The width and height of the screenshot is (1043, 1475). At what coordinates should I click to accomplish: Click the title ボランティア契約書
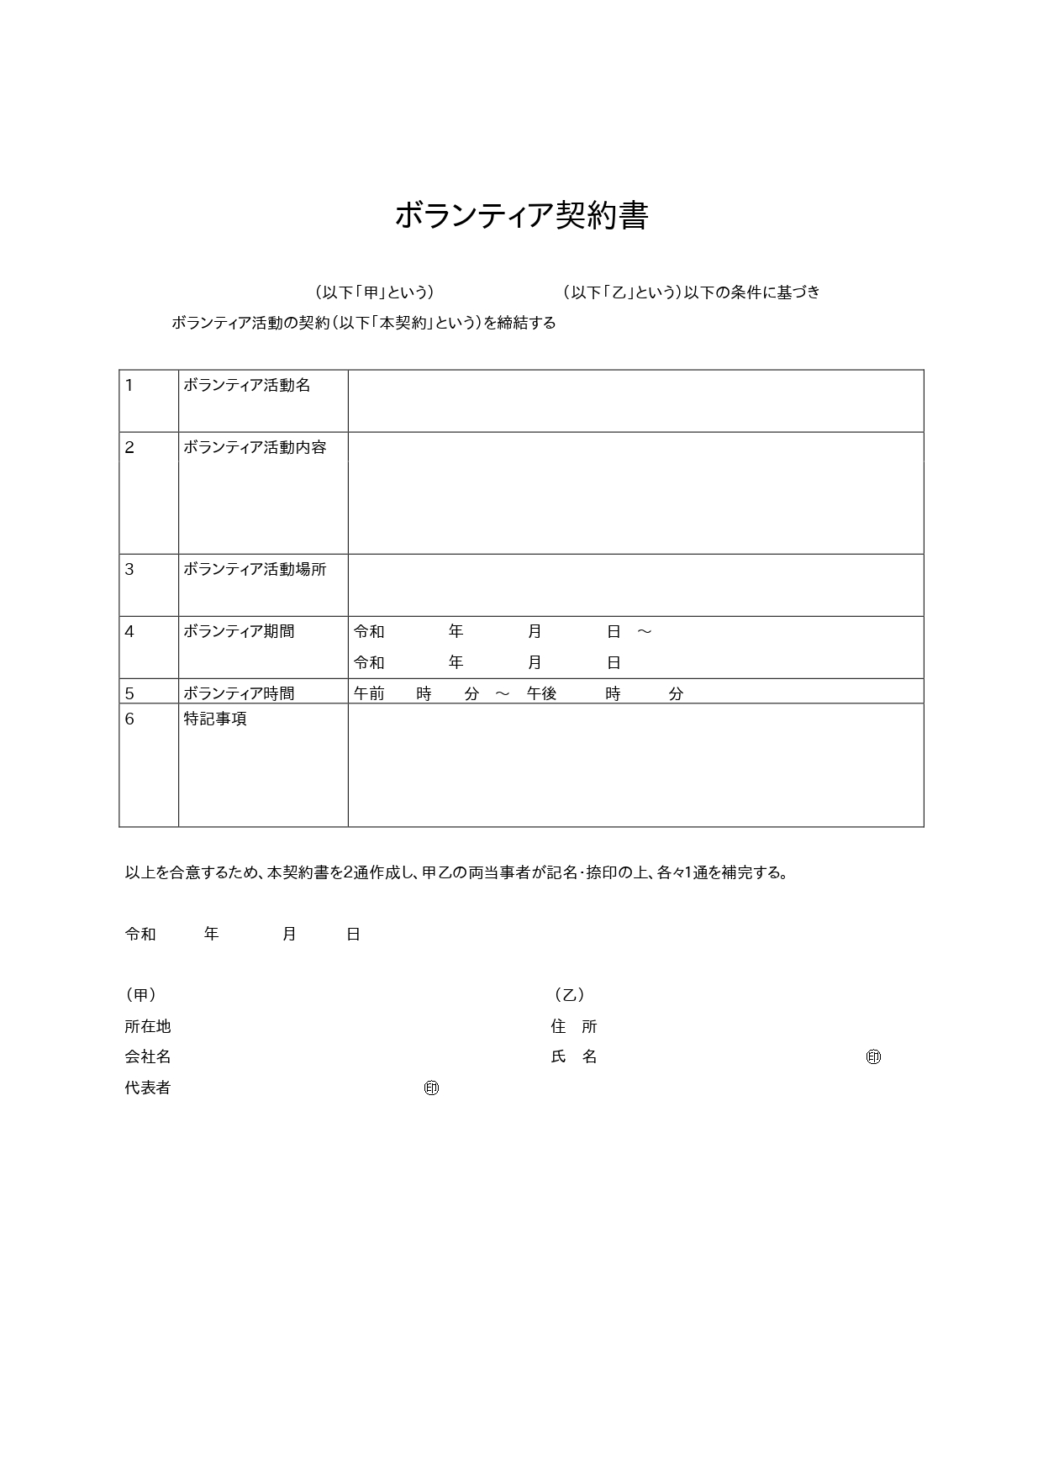tap(521, 216)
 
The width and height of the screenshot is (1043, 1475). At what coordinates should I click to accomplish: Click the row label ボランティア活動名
tap(247, 385)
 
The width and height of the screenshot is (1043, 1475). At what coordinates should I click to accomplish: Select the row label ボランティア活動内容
tap(255, 447)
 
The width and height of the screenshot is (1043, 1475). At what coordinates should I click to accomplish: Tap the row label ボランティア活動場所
tap(255, 569)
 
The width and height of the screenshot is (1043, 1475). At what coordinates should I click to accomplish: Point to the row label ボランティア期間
tap(239, 631)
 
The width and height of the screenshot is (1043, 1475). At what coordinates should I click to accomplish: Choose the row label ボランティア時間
tap(239, 693)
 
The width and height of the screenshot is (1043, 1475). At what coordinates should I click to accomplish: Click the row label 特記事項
tap(215, 719)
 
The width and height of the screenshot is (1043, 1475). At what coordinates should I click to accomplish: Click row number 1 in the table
tap(129, 385)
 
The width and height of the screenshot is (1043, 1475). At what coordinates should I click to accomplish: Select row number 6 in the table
tap(129, 719)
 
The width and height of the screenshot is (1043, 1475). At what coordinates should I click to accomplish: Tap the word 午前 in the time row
tap(369, 693)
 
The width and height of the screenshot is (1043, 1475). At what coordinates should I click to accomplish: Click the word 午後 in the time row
tap(542, 693)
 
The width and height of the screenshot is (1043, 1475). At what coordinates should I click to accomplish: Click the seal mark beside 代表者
tap(431, 1088)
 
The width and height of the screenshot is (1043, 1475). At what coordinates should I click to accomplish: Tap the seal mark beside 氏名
tap(873, 1056)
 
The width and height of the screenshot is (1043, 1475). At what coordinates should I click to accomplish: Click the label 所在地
tap(148, 1026)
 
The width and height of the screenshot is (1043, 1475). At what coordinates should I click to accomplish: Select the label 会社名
tap(148, 1056)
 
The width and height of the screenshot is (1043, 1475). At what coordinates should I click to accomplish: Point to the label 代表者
tap(148, 1088)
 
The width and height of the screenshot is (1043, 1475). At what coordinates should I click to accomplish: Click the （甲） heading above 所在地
tap(140, 995)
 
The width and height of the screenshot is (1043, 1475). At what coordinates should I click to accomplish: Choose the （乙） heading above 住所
tap(569, 995)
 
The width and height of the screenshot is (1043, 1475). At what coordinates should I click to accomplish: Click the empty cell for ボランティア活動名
tap(635, 401)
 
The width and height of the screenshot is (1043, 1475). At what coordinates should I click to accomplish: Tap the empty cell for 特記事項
tap(635, 765)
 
